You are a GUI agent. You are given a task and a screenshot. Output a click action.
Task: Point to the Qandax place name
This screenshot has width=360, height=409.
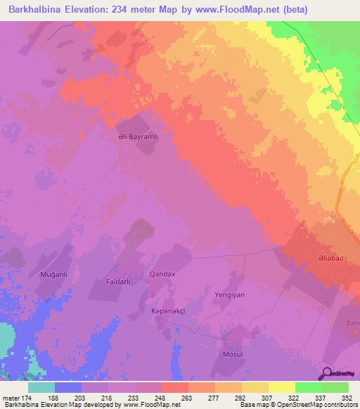pos(162,274)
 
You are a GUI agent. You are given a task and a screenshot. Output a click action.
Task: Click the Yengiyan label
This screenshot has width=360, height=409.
pos(229,295)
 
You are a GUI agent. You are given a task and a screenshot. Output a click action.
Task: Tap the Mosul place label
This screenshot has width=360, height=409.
pos(232,353)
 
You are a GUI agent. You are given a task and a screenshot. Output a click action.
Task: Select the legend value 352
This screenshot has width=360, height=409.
pos(346,398)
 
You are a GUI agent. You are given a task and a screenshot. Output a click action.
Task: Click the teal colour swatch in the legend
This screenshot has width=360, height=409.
pos(41,387)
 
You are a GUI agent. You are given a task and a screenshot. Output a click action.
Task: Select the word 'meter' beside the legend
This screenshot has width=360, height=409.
pos(11,398)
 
